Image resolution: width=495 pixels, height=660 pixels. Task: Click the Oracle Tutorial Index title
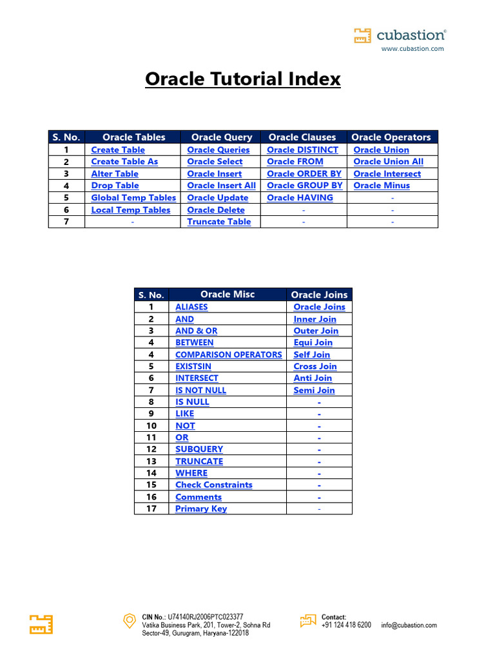click(242, 79)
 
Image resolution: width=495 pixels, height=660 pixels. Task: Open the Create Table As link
click(124, 162)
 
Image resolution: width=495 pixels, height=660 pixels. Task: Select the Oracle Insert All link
click(221, 186)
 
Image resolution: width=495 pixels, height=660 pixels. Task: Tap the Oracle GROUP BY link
click(304, 186)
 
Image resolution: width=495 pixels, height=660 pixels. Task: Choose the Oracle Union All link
click(388, 162)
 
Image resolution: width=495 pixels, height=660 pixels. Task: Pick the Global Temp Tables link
click(133, 198)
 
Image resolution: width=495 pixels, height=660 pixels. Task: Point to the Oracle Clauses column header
click(302, 137)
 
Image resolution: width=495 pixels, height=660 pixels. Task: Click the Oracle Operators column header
click(391, 137)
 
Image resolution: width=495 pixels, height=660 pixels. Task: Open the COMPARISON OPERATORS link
click(228, 354)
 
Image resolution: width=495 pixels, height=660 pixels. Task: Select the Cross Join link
click(315, 367)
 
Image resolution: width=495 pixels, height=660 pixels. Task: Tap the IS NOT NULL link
click(200, 391)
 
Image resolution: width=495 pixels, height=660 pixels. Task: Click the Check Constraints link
click(213, 485)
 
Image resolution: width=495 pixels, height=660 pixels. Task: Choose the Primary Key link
click(201, 509)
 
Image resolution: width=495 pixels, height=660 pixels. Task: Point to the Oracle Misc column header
click(228, 295)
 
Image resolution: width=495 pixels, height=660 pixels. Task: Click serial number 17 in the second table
click(151, 509)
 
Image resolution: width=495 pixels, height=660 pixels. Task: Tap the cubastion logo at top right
click(400, 36)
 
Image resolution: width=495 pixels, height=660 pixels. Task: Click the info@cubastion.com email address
click(409, 625)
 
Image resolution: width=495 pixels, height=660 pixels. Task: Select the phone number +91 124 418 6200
click(346, 625)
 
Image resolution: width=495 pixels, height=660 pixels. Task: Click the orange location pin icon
click(129, 621)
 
